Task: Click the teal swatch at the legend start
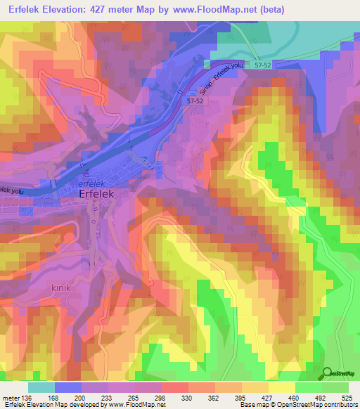[41, 387]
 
